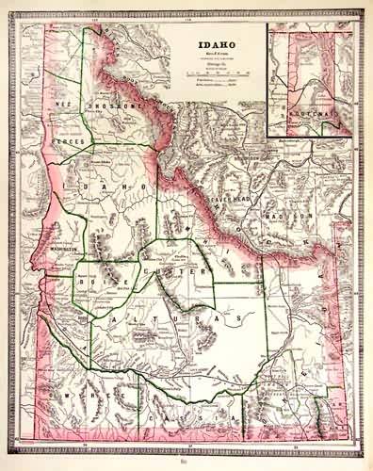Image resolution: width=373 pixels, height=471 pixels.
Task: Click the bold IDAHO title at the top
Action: click(218, 43)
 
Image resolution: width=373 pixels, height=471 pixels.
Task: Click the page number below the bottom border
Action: click(186, 463)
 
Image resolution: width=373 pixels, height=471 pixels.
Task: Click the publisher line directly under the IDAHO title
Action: click(218, 54)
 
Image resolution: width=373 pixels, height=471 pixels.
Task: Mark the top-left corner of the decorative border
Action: click(13, 11)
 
